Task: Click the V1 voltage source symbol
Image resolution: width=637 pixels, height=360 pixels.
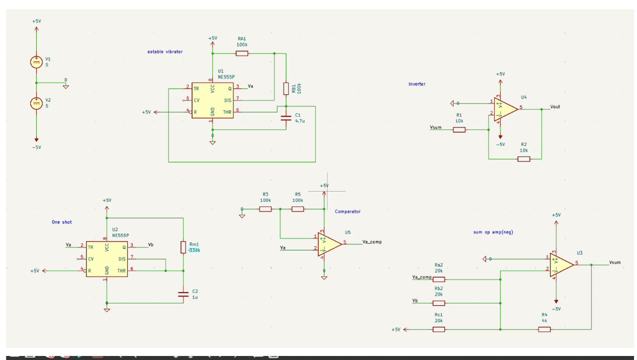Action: pos(36,62)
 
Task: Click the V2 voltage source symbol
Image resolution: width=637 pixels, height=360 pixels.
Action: pos(36,103)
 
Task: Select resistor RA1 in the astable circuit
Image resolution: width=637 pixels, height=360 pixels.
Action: pos(242,53)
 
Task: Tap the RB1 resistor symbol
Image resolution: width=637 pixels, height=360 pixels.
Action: pos(286,88)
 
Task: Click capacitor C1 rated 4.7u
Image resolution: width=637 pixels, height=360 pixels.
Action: pos(286,118)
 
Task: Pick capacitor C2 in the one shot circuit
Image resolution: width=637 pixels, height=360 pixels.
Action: pos(183,295)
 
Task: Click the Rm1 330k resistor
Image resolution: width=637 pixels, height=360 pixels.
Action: pos(183,247)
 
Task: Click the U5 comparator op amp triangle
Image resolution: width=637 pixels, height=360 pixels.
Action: pos(329,243)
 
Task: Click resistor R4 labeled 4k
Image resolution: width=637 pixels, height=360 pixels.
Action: pos(544,329)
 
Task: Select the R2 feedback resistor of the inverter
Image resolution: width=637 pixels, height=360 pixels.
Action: pos(524,159)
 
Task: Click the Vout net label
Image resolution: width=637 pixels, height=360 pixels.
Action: pos(555,107)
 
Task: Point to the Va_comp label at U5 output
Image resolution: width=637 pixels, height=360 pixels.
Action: pos(372,242)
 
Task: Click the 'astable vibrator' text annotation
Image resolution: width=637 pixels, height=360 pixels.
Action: pos(165,52)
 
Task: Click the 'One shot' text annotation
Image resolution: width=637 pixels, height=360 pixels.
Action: pos(62,222)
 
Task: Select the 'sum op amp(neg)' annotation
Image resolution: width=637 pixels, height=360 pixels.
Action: pos(493,232)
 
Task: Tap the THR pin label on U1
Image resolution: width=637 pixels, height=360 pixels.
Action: pos(227,112)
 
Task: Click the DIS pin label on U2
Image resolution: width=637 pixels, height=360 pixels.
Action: pos(122,259)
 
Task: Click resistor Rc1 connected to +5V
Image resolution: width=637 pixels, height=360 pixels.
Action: pos(439,329)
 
